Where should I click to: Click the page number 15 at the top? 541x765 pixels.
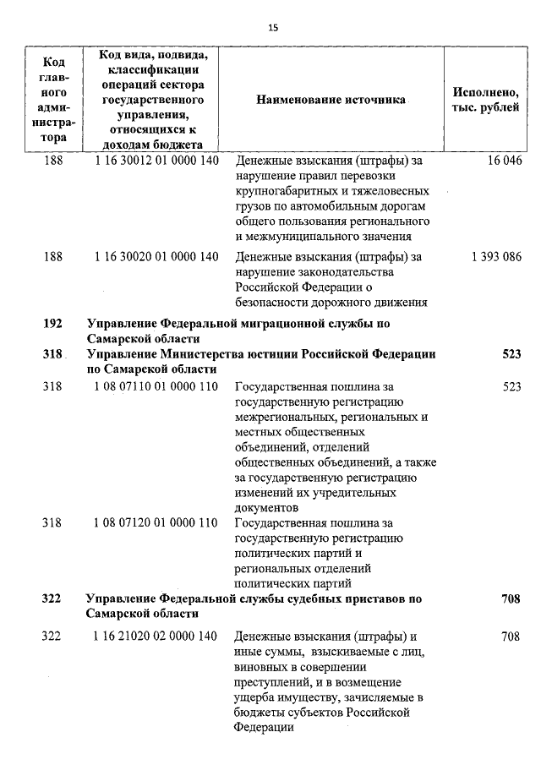click(x=272, y=27)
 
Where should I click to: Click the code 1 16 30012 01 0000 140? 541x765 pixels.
click(x=157, y=161)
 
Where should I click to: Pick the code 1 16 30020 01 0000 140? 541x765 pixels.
click(x=157, y=257)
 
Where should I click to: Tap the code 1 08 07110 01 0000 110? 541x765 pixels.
click(x=157, y=386)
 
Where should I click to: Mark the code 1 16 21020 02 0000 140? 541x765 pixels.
click(x=157, y=636)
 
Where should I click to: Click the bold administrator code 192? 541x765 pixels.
click(x=52, y=323)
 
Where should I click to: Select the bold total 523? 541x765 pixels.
click(x=511, y=354)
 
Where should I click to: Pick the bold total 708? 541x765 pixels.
click(x=510, y=598)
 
